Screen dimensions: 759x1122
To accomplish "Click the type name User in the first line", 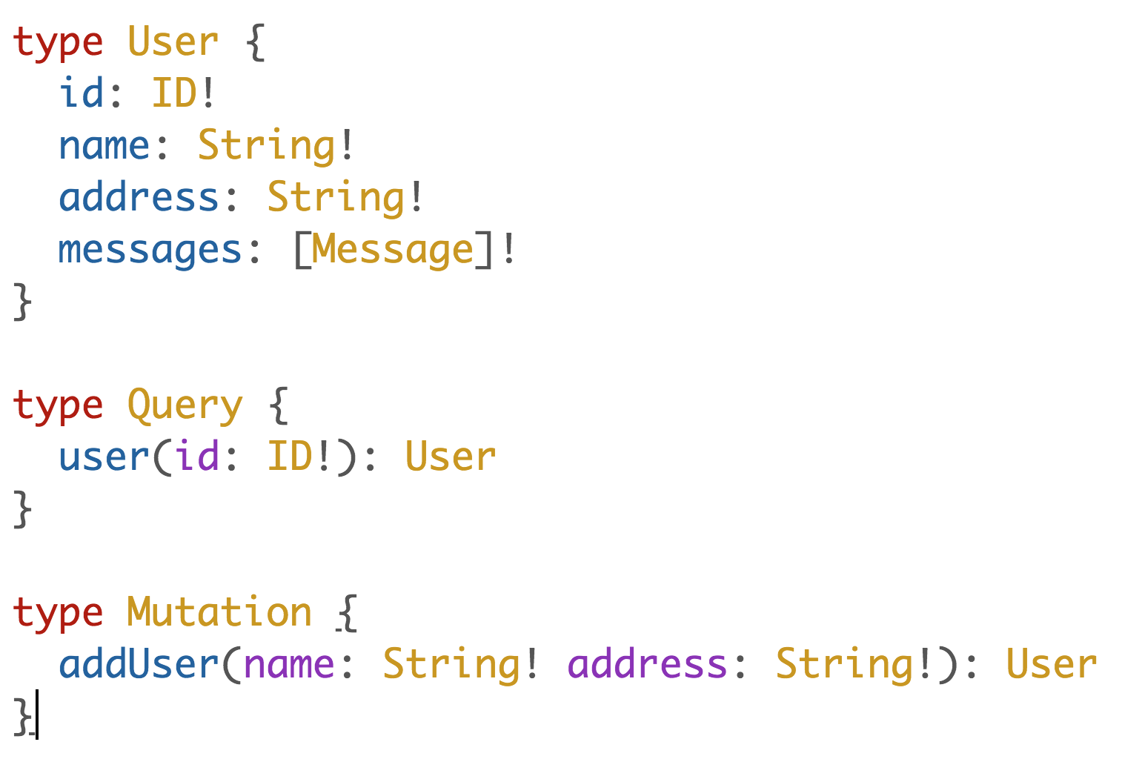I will [x=173, y=42].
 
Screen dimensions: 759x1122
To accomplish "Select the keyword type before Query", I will [x=58, y=406].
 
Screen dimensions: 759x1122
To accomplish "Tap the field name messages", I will [x=150, y=251].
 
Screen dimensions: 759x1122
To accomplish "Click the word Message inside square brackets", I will [x=392, y=251].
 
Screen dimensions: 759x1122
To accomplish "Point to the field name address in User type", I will [x=139, y=198].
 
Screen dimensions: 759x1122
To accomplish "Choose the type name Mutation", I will [x=219, y=613].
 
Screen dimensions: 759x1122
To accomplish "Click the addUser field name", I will [x=139, y=664].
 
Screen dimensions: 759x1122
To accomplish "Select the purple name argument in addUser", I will [x=288, y=664].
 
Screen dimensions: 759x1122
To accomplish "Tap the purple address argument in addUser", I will [x=647, y=664].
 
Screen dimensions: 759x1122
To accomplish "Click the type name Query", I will [x=185, y=406].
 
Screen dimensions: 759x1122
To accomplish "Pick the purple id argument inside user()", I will [x=196, y=457].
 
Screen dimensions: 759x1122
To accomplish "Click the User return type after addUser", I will [x=1051, y=664].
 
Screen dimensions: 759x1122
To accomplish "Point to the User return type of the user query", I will [x=450, y=457].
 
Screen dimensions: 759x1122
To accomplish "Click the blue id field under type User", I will [x=81, y=93].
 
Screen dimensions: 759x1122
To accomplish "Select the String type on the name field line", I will [x=266, y=145].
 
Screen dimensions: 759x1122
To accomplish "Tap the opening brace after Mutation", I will [x=347, y=614].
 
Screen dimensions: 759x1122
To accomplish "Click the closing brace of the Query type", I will [x=23, y=510].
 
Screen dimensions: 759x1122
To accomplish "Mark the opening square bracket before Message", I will [x=302, y=251].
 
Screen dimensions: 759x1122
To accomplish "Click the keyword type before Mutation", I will [x=58, y=614].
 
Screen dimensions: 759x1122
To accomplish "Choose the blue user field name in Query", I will [x=104, y=457].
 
